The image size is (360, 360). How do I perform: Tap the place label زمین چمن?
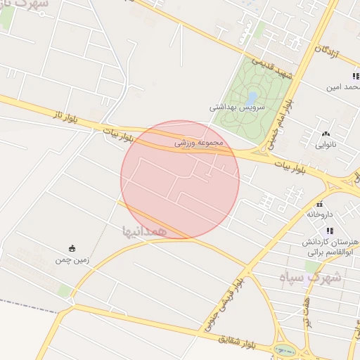click(73, 260)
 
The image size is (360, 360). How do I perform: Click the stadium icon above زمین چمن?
click(72, 247)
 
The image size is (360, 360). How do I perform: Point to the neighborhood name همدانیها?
click(143, 230)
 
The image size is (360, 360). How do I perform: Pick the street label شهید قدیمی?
click(271, 68)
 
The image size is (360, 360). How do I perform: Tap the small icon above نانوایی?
click(325, 134)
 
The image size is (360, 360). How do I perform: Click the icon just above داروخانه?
click(320, 203)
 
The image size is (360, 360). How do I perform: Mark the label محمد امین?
click(342, 88)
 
